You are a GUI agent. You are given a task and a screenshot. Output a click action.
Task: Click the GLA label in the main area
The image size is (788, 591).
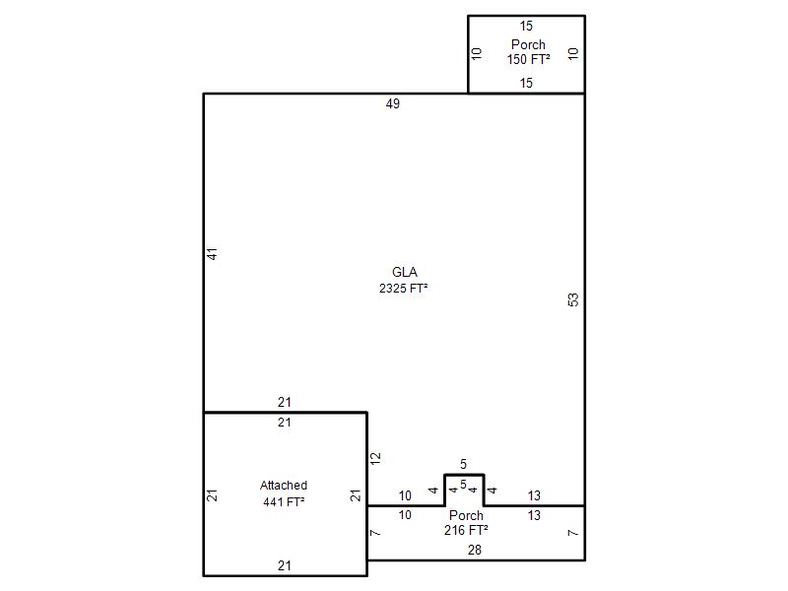point(405,273)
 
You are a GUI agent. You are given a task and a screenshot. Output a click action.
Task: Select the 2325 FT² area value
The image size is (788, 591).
point(404,289)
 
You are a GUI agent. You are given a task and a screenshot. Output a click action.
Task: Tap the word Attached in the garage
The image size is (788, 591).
point(284,486)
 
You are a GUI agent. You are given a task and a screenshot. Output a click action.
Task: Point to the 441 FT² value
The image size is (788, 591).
point(284,501)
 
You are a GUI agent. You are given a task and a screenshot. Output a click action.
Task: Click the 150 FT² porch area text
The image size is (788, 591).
point(528,59)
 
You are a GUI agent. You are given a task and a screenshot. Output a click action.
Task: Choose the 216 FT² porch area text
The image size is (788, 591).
point(466,530)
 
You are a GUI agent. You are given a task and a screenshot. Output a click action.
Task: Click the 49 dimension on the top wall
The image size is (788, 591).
point(393,103)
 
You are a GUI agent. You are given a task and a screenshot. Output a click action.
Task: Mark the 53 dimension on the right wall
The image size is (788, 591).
point(573,300)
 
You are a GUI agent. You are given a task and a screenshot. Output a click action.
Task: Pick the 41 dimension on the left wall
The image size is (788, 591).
point(213,254)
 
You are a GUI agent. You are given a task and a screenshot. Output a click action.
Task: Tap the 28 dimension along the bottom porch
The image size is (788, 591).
point(475,550)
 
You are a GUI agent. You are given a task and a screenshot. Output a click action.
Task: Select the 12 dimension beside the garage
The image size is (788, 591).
point(375,458)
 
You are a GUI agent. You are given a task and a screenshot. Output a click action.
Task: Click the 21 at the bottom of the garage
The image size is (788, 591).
point(285,565)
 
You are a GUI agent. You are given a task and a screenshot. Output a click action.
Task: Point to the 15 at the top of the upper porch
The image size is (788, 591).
point(526,27)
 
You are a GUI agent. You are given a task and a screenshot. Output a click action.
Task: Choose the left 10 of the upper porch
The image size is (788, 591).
point(477,54)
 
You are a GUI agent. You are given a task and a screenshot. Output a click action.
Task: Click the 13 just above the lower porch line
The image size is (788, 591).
point(534,496)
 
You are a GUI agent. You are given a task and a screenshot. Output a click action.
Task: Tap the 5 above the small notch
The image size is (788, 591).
point(463,464)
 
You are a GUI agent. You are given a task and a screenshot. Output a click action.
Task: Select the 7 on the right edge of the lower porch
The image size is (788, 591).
point(573,533)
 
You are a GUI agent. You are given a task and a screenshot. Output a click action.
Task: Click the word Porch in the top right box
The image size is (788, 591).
point(528,44)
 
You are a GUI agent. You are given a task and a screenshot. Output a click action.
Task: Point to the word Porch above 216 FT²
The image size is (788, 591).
point(466,515)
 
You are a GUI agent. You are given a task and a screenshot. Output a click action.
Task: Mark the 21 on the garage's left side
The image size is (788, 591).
point(213,495)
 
